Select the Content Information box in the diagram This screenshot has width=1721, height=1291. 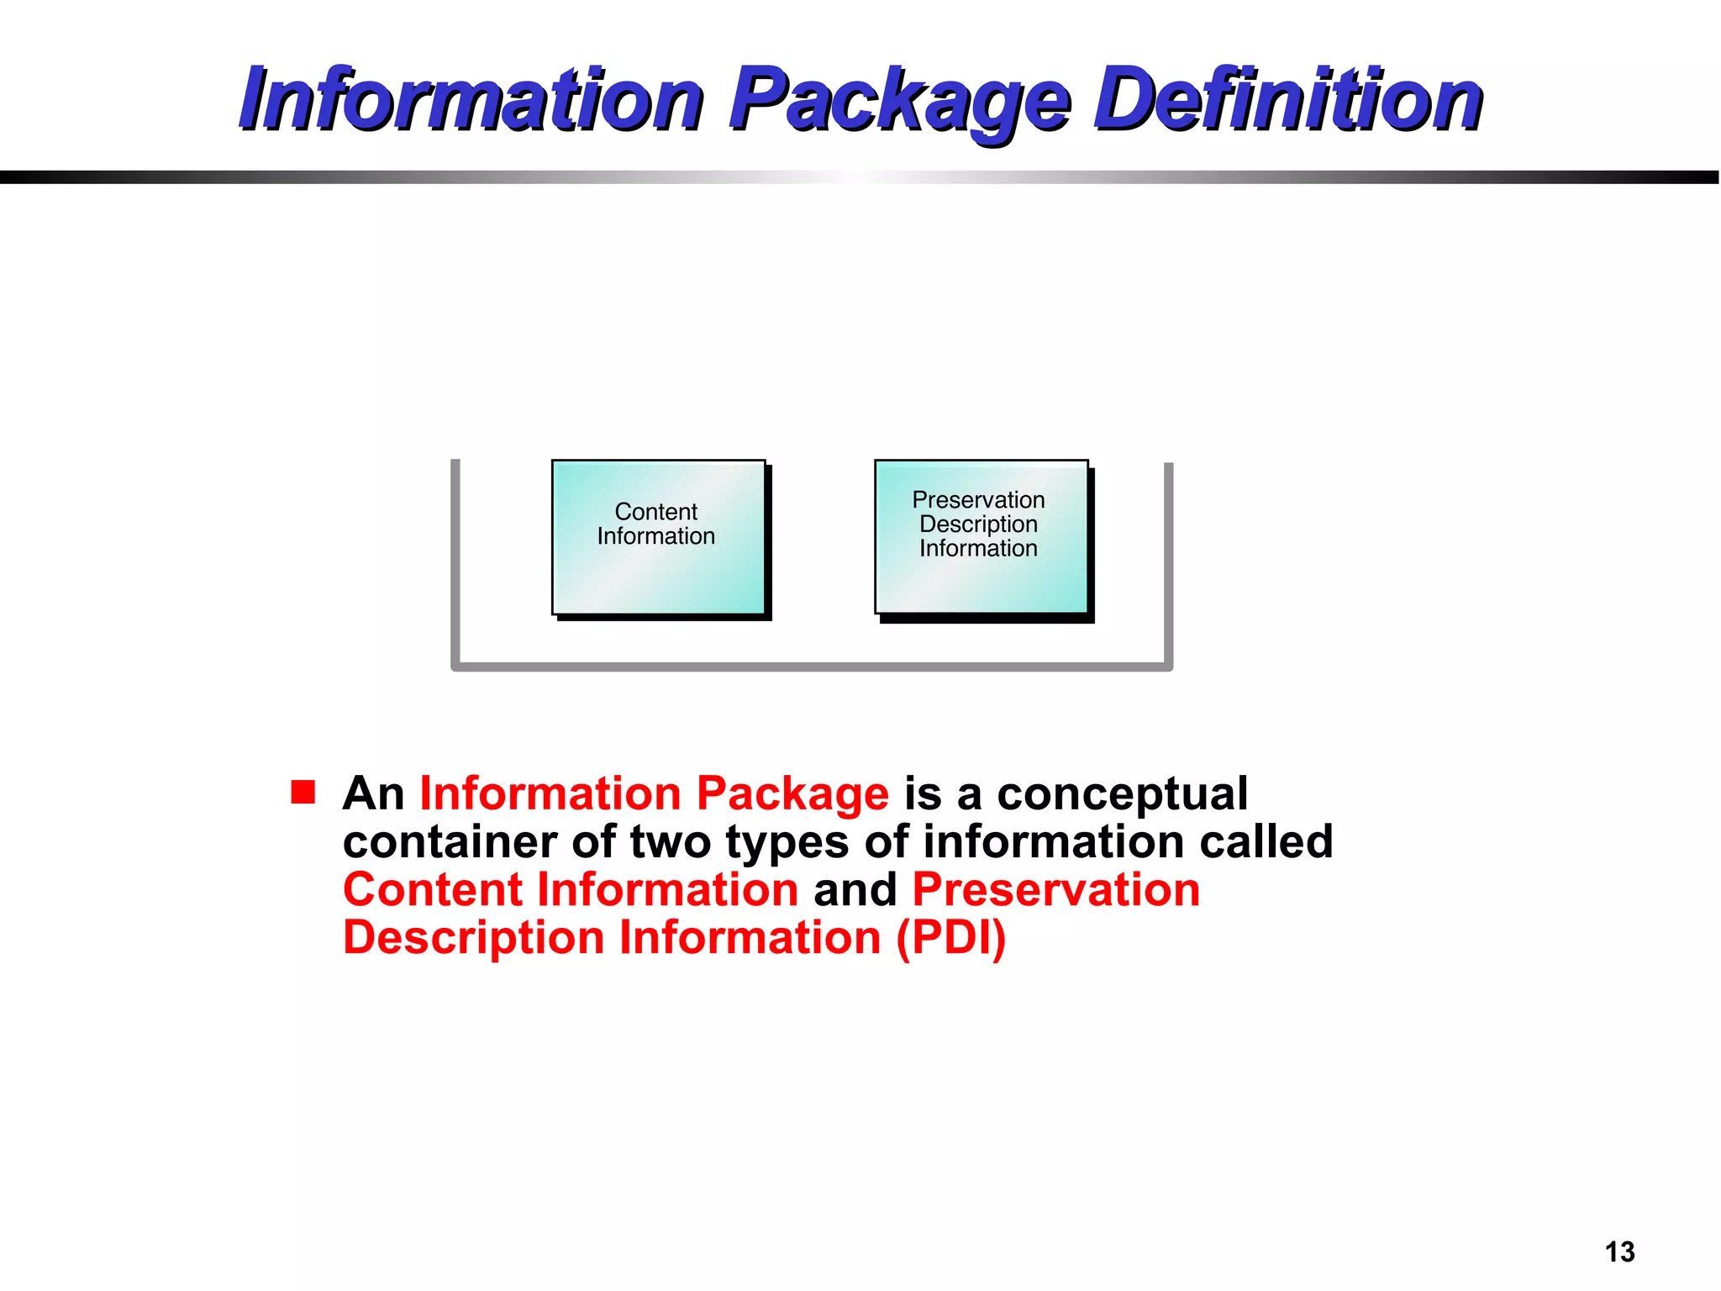point(658,537)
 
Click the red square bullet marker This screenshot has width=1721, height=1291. point(303,792)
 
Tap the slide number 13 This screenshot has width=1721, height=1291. point(1619,1251)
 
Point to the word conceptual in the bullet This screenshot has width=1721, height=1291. point(1123,793)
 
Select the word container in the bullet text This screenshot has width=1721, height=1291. point(450,841)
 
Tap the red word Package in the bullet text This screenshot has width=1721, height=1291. point(792,793)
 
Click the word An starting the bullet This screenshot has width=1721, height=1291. point(374,793)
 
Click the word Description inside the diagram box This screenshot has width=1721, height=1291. point(978,524)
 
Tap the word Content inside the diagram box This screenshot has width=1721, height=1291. point(655,512)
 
